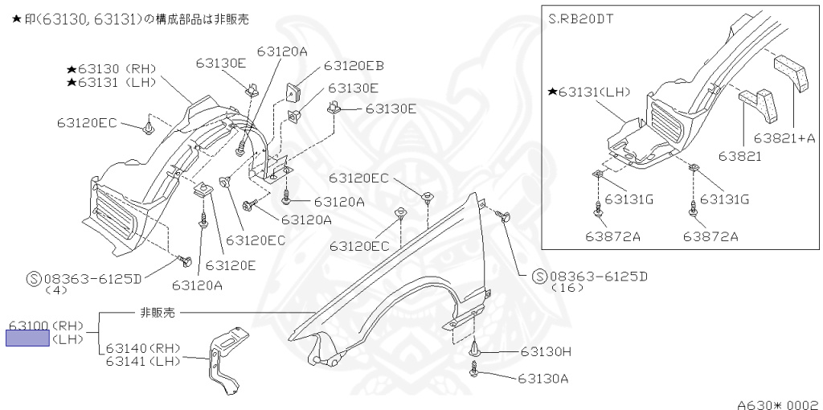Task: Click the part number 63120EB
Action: point(354,66)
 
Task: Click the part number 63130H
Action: point(545,351)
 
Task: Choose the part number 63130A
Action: point(543,378)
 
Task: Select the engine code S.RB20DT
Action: point(581,18)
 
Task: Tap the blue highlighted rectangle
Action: point(27,338)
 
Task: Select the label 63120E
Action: point(231,265)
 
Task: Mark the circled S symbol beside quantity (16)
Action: point(539,276)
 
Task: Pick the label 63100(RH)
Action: point(46,326)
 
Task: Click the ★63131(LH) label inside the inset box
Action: point(592,92)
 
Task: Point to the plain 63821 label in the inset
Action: point(739,155)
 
